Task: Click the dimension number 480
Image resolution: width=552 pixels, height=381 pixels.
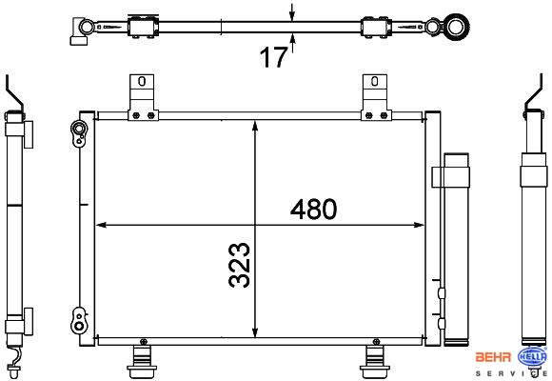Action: coord(313,209)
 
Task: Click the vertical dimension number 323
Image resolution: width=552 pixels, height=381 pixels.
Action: coord(240,265)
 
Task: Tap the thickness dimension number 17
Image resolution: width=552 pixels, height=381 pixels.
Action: coord(273,57)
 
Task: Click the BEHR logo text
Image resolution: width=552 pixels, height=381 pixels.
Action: coord(493,357)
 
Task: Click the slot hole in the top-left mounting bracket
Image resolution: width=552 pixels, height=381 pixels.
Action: coord(142,81)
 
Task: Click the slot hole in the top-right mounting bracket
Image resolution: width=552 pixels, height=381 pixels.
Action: coord(375,81)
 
